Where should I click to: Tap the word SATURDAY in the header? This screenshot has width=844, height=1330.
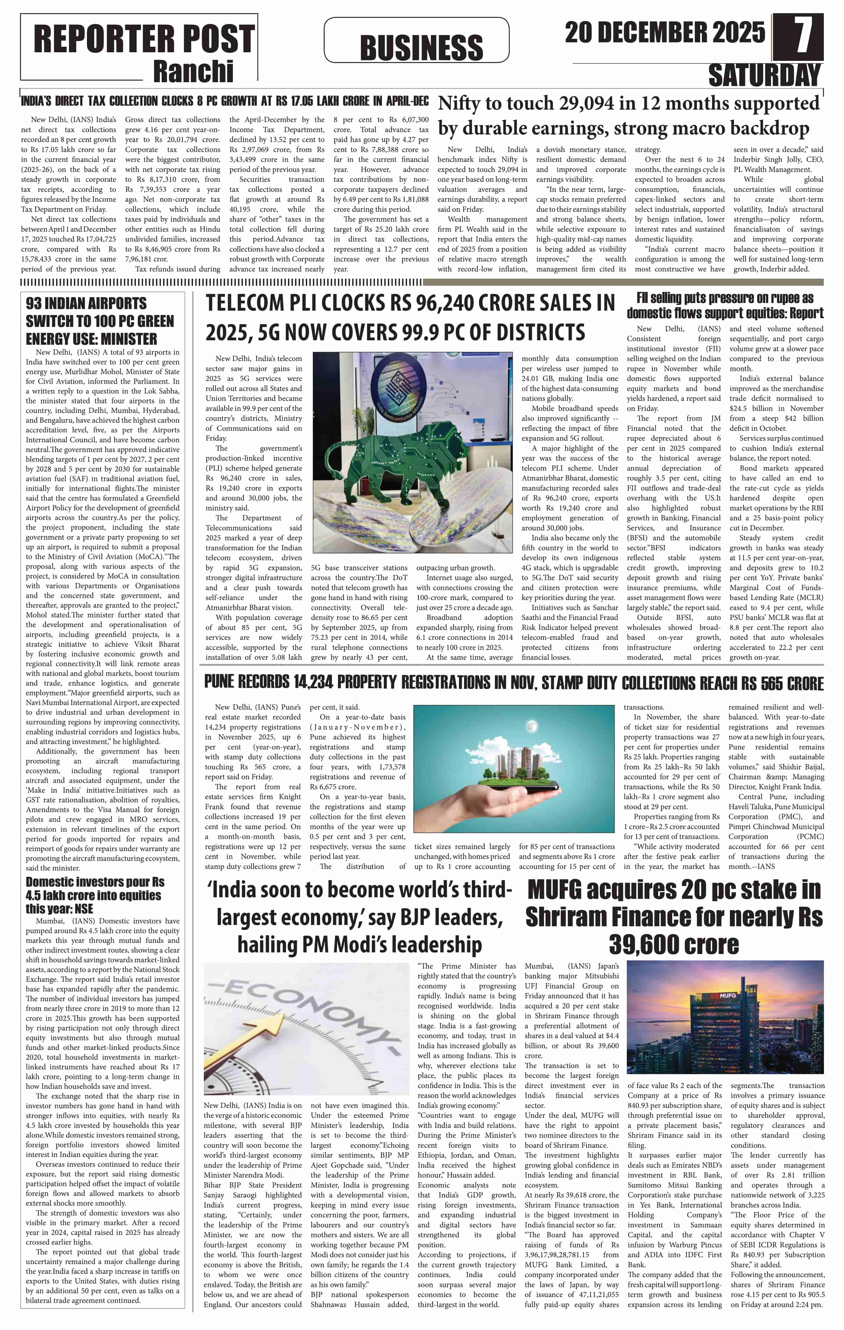pyautogui.click(x=764, y=75)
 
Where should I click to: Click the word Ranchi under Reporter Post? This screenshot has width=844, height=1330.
pyautogui.click(x=193, y=71)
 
